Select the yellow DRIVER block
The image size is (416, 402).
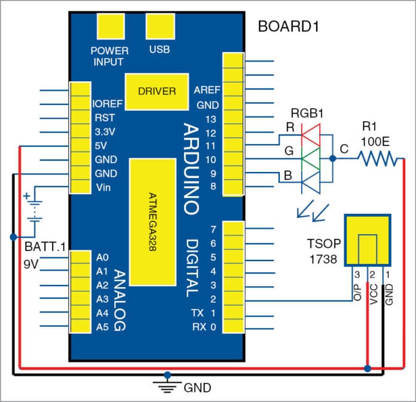[x=157, y=91]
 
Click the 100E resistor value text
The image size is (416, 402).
[x=375, y=142]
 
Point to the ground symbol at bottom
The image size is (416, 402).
[x=167, y=384]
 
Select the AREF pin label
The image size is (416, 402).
[x=207, y=90]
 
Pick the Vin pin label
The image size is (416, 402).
[x=102, y=188]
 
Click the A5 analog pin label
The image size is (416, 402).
[x=102, y=327]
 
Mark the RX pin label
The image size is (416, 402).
[x=200, y=327]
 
